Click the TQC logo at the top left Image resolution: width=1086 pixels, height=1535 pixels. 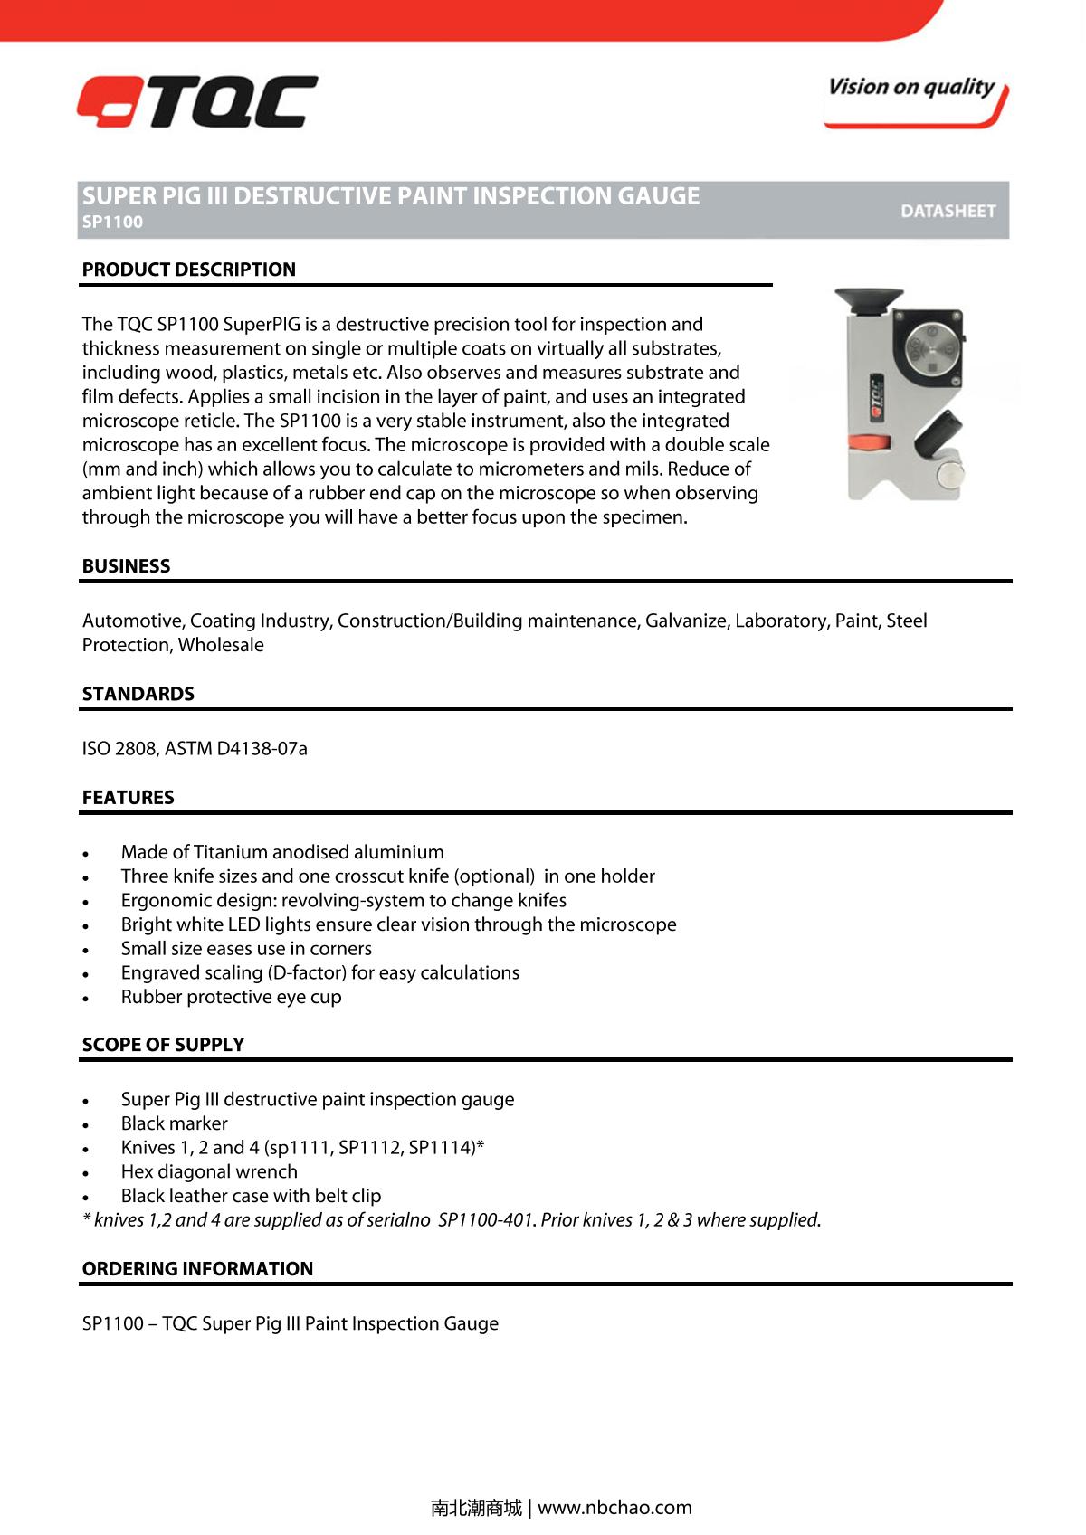[197, 101]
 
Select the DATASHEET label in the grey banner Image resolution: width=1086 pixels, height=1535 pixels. [948, 211]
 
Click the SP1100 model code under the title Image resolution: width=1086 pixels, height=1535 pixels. [112, 223]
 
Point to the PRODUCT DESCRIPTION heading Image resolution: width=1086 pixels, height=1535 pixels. [189, 270]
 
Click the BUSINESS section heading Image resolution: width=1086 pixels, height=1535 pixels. [126, 566]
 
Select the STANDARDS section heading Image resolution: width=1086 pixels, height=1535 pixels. [138, 694]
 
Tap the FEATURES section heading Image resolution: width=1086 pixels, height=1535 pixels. [128, 798]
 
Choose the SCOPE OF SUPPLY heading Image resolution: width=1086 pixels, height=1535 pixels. [163, 1045]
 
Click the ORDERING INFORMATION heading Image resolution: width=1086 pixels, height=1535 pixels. [197, 1269]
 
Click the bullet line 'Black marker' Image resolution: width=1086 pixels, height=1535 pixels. [174, 1123]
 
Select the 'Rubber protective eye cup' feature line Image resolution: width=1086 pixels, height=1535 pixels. [231, 997]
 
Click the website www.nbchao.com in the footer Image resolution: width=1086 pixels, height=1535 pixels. [614, 1508]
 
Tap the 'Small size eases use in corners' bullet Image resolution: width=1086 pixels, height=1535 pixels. [246, 949]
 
